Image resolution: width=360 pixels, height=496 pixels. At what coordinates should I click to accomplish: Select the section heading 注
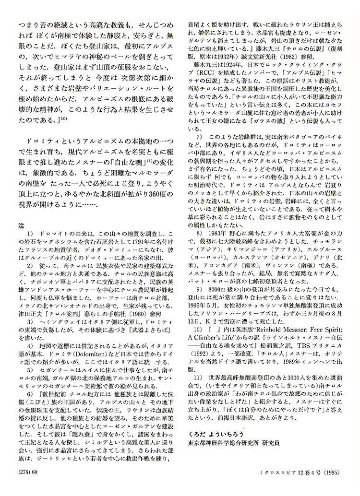pyautogui.click(x=21, y=224)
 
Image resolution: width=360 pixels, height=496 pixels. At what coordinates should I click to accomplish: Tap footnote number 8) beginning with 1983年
pyautogui.click(x=197, y=233)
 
